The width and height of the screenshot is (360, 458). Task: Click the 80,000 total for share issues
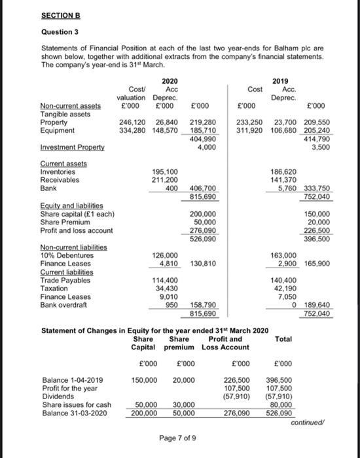[283, 405]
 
